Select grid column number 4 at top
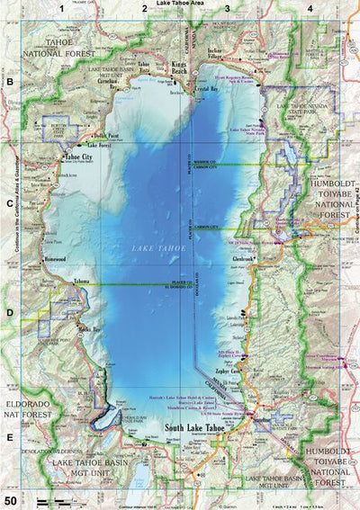[310, 9]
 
